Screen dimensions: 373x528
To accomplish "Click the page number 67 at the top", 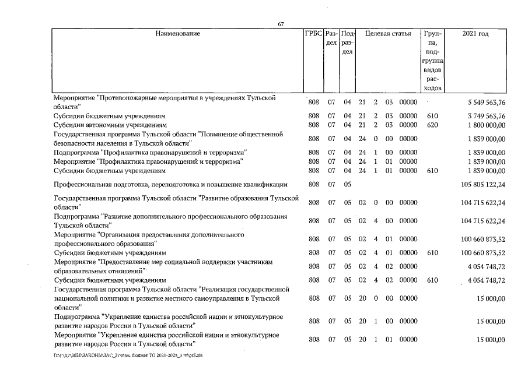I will pos(281,24).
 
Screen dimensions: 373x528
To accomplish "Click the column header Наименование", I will pos(177,34).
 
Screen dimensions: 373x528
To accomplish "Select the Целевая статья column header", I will pos(388,34).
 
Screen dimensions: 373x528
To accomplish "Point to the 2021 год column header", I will pos(475,34).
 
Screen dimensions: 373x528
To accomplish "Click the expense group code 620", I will pos(432,125).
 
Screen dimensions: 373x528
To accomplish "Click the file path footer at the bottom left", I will pos(128,354).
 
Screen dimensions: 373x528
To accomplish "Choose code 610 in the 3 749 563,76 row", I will pos(432,116).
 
